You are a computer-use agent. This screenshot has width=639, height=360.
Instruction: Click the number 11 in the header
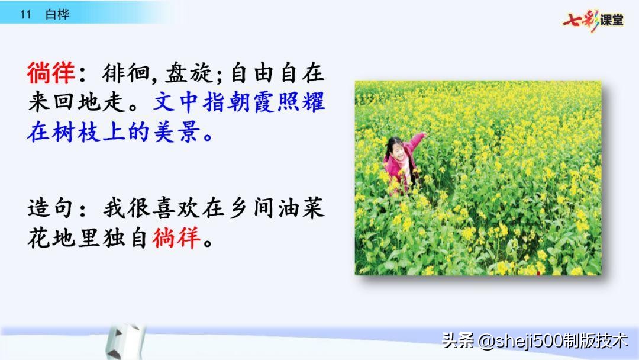25,15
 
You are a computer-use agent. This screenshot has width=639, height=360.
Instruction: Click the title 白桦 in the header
57,15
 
